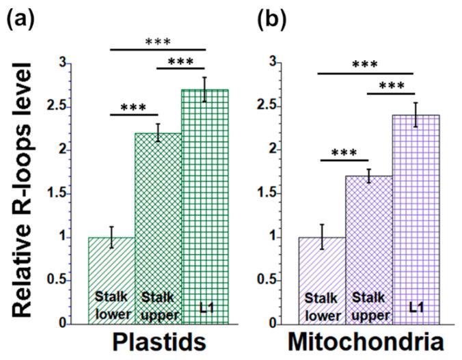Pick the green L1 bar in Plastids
coord(205,205)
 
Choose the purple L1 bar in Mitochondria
coord(416,219)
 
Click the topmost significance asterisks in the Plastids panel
coord(158,41)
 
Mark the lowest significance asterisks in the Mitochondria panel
coord(344,152)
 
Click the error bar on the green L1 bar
coord(205,89)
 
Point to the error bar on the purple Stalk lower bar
coord(322,237)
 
